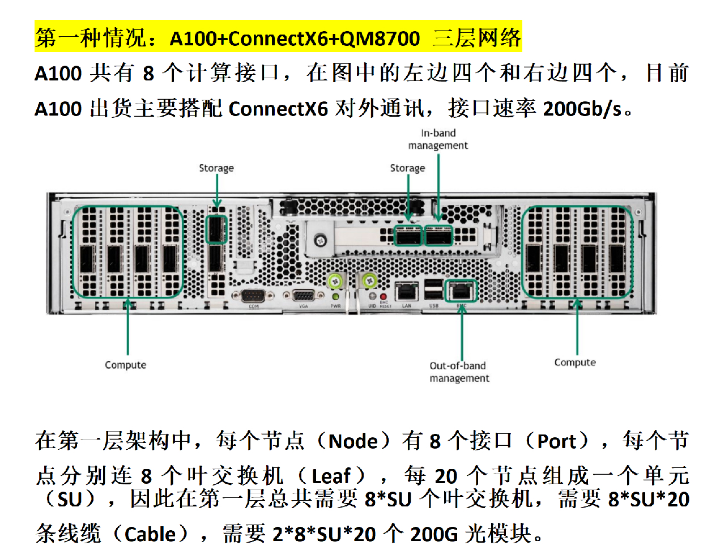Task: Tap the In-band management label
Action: pyautogui.click(x=438, y=139)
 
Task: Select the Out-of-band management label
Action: pyautogui.click(x=459, y=372)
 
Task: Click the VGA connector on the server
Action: pyautogui.click(x=304, y=296)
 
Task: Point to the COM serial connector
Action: pyautogui.click(x=253, y=296)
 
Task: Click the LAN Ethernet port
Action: pyautogui.click(x=406, y=292)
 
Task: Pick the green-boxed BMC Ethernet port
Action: pyautogui.click(x=461, y=291)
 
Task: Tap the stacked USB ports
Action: pyautogui.click(x=433, y=289)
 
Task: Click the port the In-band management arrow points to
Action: pyautogui.click(x=438, y=235)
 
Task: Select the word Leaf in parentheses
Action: pyautogui.click(x=331, y=476)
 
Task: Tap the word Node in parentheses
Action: pyautogui.click(x=353, y=441)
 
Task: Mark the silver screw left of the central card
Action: pyautogui.click(x=320, y=241)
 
